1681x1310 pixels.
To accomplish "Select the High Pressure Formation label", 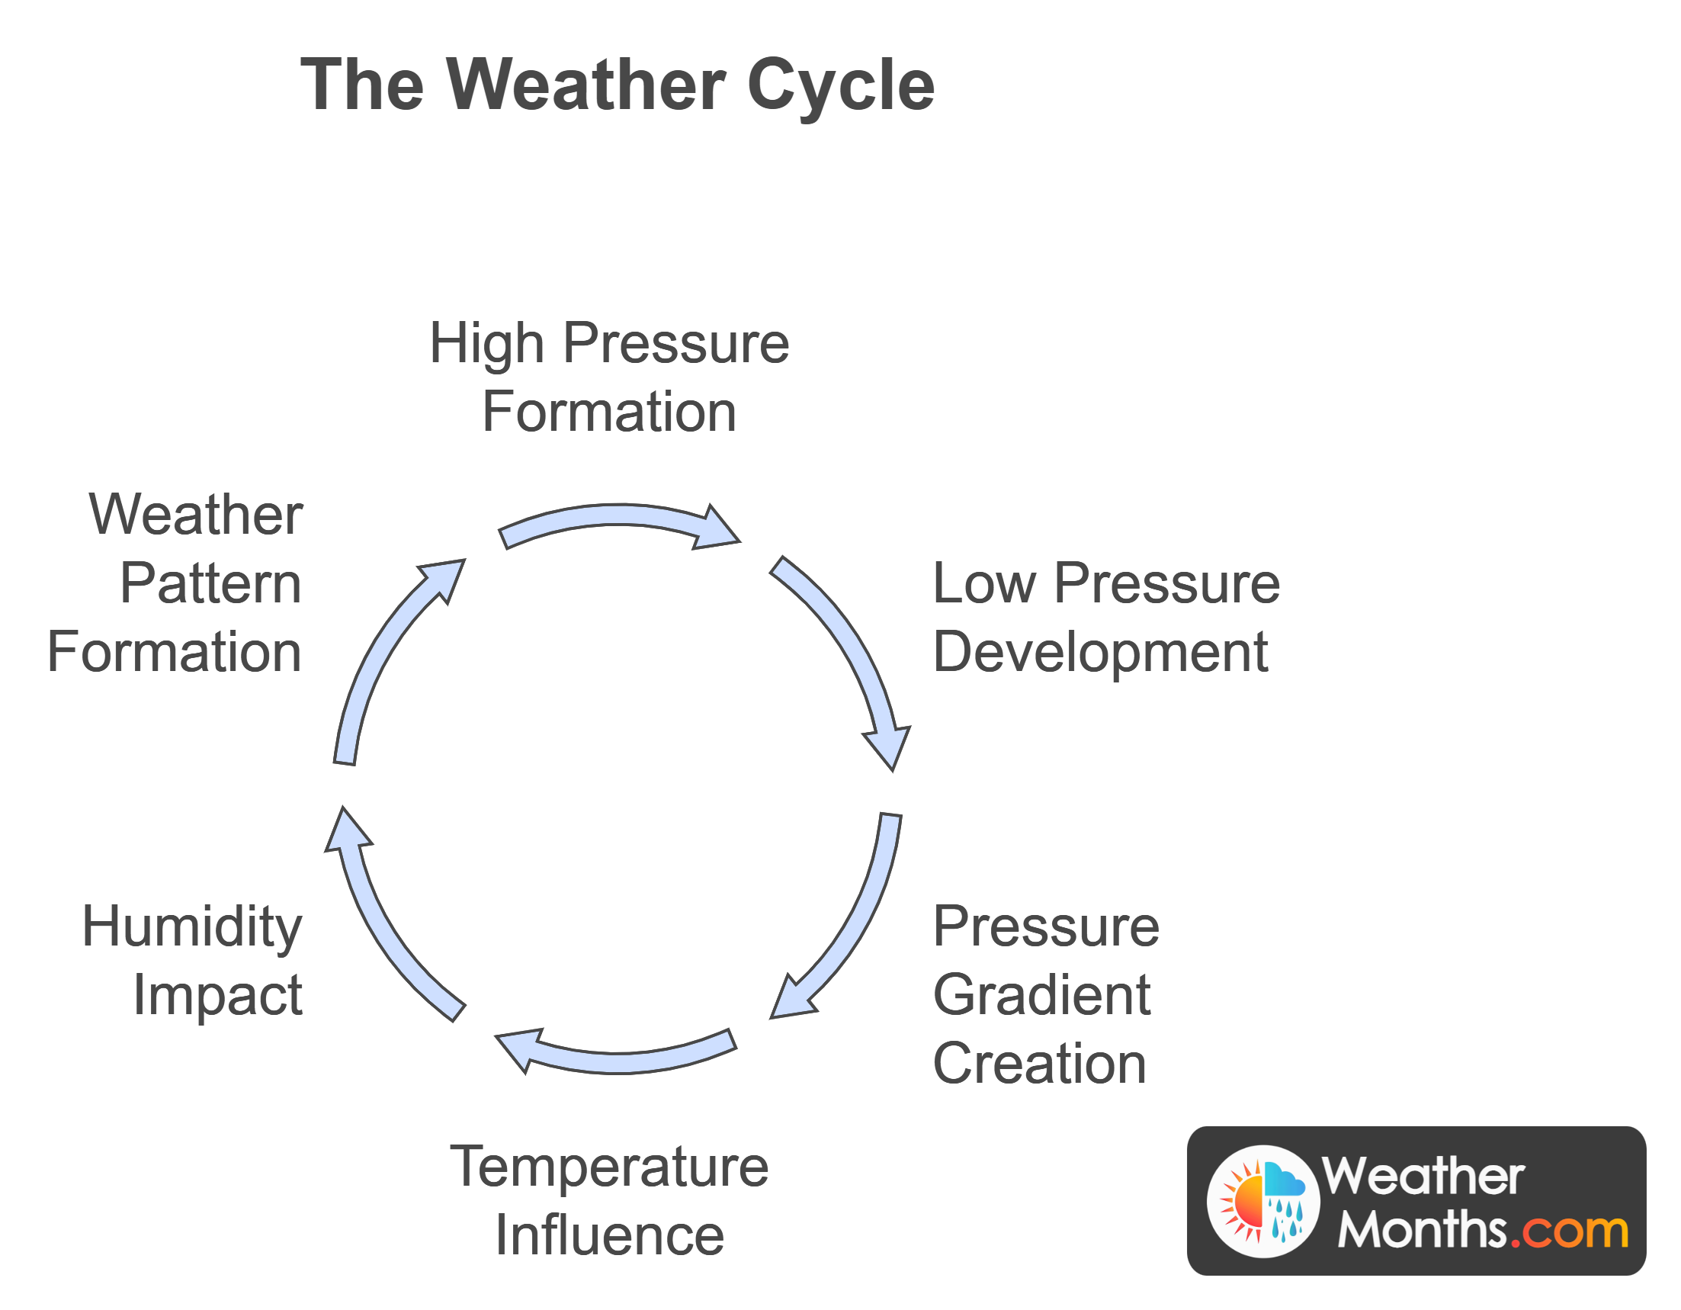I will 609,377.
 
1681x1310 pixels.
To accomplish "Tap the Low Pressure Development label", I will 1105,618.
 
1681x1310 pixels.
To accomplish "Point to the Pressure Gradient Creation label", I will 1045,994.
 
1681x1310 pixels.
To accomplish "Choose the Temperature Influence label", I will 609,1201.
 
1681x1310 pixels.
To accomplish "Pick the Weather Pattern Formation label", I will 175,583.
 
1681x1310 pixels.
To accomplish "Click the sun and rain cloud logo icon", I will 1263,1201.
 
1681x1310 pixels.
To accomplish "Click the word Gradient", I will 1041,995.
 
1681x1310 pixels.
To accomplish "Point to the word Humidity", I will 192,926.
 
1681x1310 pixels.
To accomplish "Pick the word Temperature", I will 609,1167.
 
